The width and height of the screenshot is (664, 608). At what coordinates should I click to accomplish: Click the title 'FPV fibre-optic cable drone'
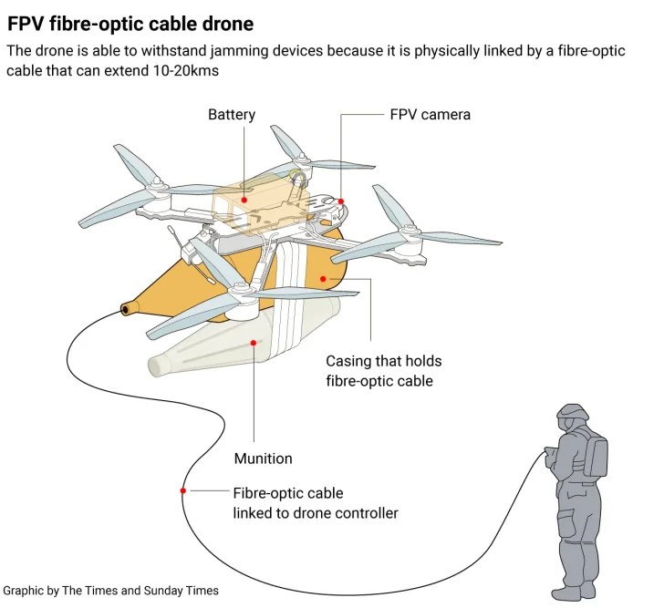130,23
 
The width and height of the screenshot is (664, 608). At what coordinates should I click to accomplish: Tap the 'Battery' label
232,115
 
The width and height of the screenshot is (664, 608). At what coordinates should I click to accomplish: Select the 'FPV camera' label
430,115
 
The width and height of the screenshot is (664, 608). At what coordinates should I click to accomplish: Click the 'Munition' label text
263,459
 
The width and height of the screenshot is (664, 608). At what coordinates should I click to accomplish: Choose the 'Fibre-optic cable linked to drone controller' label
315,503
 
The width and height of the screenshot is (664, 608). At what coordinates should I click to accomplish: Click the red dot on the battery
244,197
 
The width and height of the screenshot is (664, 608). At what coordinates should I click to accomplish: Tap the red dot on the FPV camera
341,201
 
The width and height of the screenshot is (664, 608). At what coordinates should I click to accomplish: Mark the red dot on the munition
253,343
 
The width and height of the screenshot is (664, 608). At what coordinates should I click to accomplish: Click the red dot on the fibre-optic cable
183,491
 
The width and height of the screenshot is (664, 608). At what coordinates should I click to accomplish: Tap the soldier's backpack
597,456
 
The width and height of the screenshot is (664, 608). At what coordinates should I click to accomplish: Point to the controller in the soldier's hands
550,453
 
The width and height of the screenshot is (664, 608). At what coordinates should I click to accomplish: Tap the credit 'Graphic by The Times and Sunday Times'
110,591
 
